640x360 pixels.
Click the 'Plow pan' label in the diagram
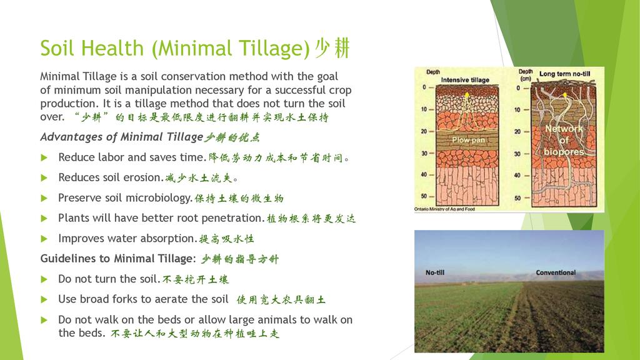coord(468,139)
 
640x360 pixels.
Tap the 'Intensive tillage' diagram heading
coord(465,80)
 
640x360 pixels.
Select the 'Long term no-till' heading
coord(564,74)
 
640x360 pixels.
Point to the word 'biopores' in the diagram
coord(564,152)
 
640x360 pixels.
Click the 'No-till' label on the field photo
coord(435,272)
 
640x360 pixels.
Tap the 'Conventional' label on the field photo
coord(556,272)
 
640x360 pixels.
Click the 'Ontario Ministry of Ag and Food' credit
coord(444,209)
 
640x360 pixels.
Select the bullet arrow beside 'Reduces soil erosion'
coord(44,178)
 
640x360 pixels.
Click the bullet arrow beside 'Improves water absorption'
coord(44,239)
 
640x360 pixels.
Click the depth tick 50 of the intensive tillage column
coord(424,196)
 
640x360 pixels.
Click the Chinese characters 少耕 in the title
coord(332,48)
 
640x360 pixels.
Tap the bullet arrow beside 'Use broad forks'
coord(44,299)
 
